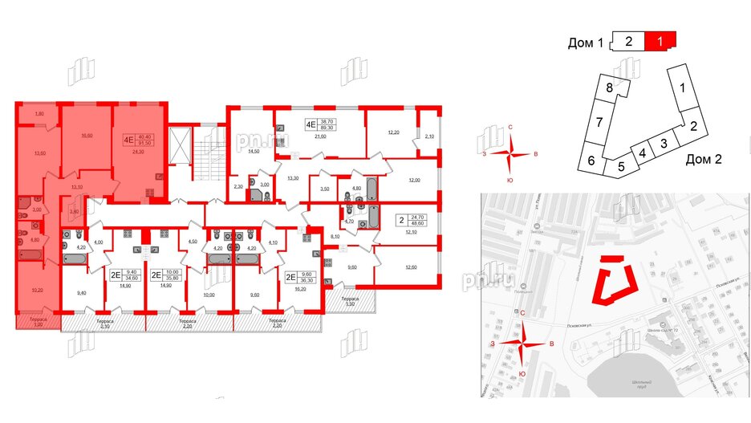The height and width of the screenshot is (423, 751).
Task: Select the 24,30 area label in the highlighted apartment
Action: [137, 152]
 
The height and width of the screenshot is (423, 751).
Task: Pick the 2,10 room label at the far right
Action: [428, 136]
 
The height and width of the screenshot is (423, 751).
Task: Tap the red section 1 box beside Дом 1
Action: [661, 39]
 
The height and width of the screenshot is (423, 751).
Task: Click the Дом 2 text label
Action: [704, 159]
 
